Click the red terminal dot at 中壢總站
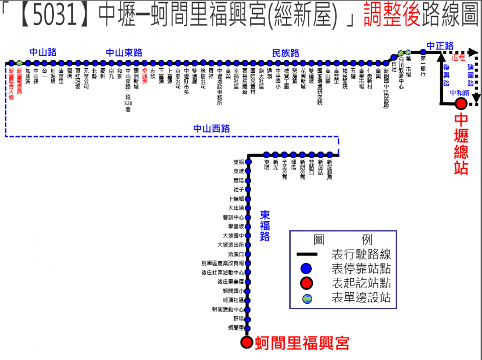point(460,104)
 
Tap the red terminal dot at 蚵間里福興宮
point(247,342)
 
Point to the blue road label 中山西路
point(211,129)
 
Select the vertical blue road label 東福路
point(265,225)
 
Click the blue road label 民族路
point(285,53)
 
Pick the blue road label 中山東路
point(124,53)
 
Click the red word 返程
point(458,58)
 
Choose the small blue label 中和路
point(459,92)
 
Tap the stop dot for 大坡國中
point(248,236)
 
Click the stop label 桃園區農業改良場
point(223,264)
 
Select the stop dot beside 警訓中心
point(248,217)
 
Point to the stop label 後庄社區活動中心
point(222,273)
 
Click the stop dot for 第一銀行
point(423,52)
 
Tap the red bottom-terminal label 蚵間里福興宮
point(302,343)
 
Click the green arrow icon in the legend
point(306,299)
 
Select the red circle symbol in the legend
point(306,283)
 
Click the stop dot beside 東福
point(248,162)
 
